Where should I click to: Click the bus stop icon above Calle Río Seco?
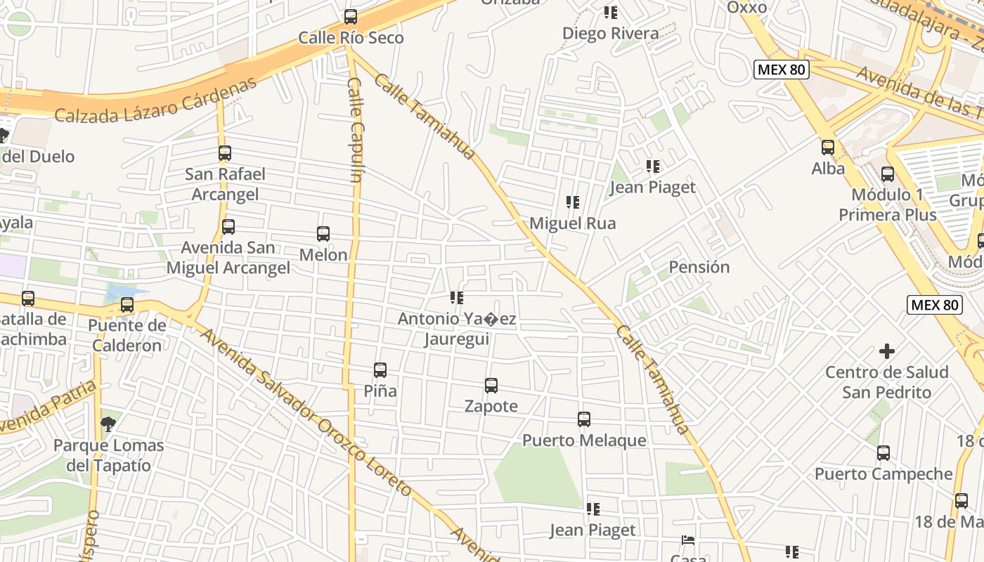pyautogui.click(x=350, y=17)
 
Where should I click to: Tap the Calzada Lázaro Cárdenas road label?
pyautogui.click(x=155, y=100)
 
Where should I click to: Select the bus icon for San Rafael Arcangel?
pyautogui.click(x=225, y=153)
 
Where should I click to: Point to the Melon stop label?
pyautogui.click(x=323, y=255)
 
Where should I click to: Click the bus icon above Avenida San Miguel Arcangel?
pyautogui.click(x=228, y=227)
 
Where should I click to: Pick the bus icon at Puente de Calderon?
pyautogui.click(x=127, y=305)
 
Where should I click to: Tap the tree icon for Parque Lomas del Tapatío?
pyautogui.click(x=108, y=424)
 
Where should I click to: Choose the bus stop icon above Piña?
pyautogui.click(x=380, y=370)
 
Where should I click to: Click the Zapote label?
pyautogui.click(x=491, y=406)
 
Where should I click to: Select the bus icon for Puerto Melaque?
pyautogui.click(x=584, y=419)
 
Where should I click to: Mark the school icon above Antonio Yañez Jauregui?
pyautogui.click(x=457, y=298)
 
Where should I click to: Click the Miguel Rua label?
pyautogui.click(x=572, y=223)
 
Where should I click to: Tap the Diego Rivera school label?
pyautogui.click(x=610, y=33)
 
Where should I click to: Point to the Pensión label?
pyautogui.click(x=699, y=267)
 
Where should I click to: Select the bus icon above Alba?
pyautogui.click(x=828, y=148)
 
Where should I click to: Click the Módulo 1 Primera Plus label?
pyautogui.click(x=887, y=204)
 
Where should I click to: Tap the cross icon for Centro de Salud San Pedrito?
pyautogui.click(x=887, y=351)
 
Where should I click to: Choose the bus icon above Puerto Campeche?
pyautogui.click(x=883, y=453)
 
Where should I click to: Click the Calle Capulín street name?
pyautogui.click(x=355, y=130)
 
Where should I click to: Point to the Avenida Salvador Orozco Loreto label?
pyautogui.click(x=306, y=412)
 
